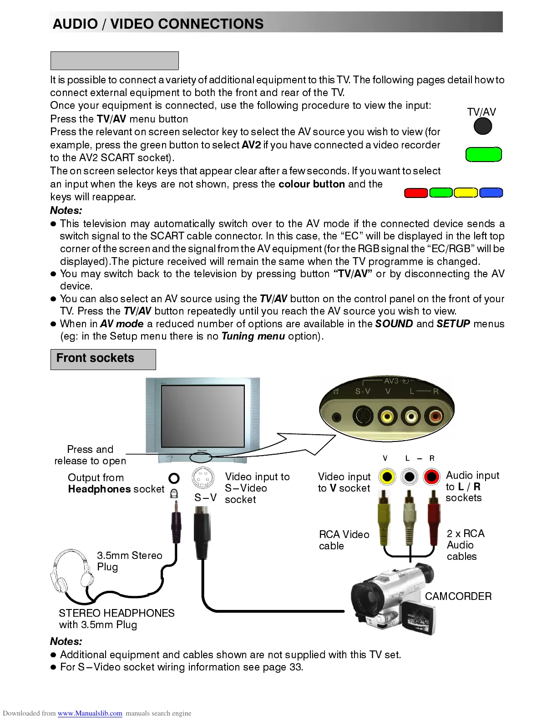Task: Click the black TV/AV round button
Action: click(x=483, y=126)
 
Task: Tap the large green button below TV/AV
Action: click(x=483, y=155)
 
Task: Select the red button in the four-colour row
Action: click(x=416, y=193)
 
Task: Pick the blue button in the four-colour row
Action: click(x=491, y=193)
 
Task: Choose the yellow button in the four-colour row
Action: click(x=466, y=193)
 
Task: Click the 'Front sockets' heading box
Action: click(x=103, y=359)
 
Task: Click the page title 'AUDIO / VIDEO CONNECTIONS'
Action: click(x=158, y=24)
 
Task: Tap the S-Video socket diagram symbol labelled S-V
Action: click(x=203, y=478)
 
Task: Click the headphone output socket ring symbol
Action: click(x=174, y=478)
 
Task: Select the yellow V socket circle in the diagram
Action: click(x=387, y=477)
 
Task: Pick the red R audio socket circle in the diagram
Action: click(x=431, y=477)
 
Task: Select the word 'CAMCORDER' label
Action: click(x=458, y=596)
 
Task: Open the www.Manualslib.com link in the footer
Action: click(x=90, y=713)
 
